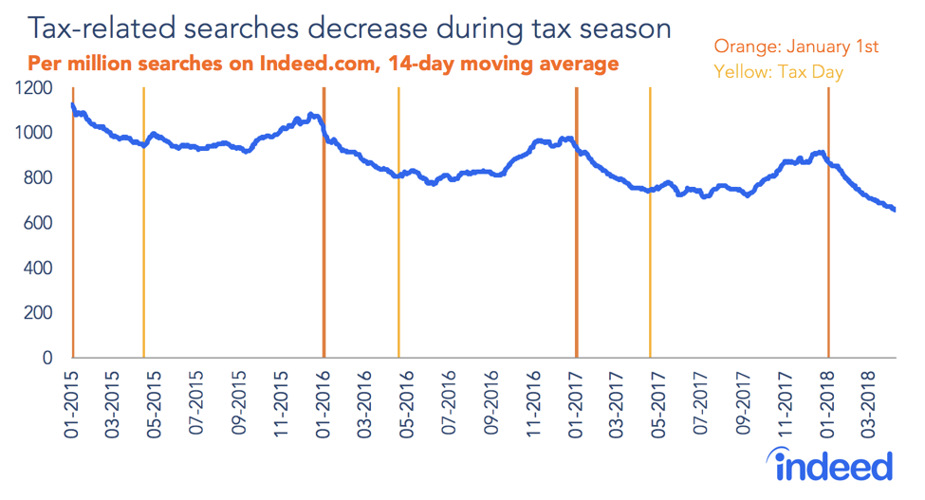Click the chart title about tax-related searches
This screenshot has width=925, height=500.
(x=348, y=28)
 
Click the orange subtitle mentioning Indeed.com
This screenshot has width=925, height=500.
(x=324, y=65)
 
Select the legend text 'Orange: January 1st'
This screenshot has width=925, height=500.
(x=796, y=46)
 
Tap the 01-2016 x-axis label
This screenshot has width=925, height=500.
(x=324, y=398)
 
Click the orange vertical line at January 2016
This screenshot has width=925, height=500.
(x=324, y=237)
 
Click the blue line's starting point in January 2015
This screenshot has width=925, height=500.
(x=73, y=104)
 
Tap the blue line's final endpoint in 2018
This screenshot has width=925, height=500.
(x=895, y=210)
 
